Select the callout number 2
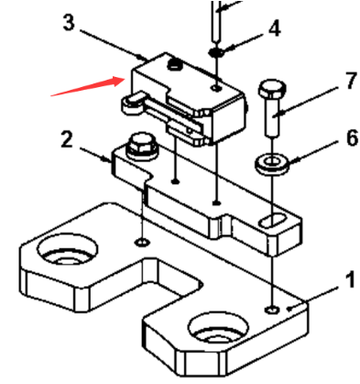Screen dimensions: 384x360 tap(66, 140)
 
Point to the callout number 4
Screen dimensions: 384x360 tap(273, 30)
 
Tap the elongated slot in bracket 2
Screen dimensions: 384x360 tap(274, 219)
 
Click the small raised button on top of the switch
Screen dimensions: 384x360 tap(174, 64)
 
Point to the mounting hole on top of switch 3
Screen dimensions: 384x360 tap(215, 88)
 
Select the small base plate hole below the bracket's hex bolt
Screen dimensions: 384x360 tap(141, 242)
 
